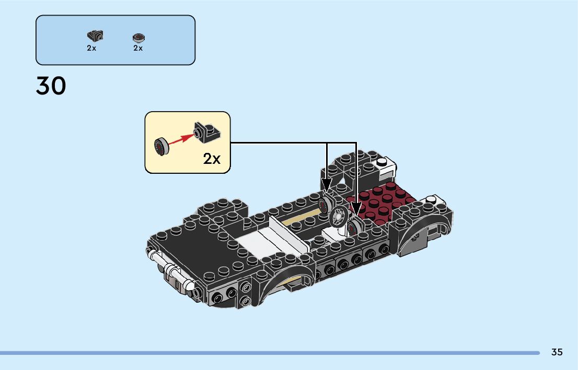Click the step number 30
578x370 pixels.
pos(51,86)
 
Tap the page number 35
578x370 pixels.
pos(557,352)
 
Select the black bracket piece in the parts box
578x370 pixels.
pos(94,35)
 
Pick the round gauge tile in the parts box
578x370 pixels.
pos(138,37)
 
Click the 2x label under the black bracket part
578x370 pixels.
pos(91,48)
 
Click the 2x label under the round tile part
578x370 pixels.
pos(138,48)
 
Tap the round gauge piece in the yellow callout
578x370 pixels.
pos(160,147)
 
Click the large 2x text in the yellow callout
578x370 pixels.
pos(212,159)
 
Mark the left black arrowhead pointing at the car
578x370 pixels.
pos(327,184)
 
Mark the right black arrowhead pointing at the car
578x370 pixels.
pos(356,209)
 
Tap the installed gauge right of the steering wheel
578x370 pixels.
pos(355,226)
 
